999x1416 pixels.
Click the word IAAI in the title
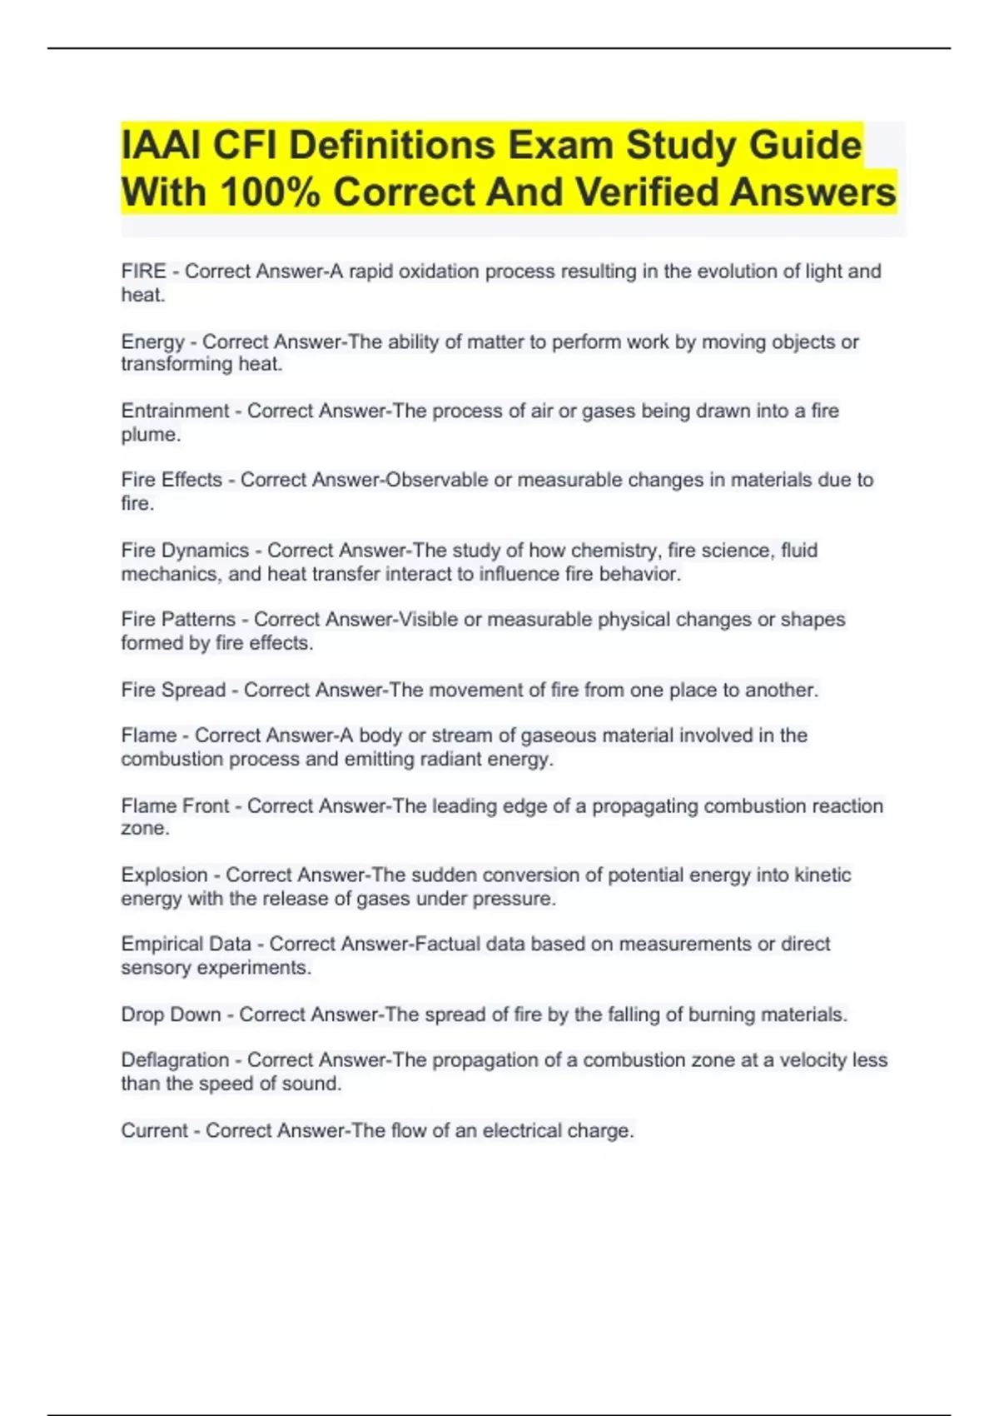161,146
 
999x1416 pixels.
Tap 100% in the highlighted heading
270,192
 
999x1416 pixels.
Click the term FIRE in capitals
143,272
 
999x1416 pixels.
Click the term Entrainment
175,411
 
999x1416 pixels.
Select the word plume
150,435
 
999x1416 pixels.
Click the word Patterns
202,620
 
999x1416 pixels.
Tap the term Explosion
164,875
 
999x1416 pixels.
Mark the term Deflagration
175,1060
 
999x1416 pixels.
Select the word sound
316,1084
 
